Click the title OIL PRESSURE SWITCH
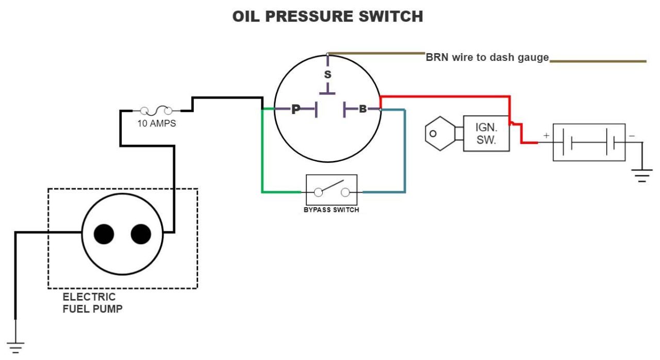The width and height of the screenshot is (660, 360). click(x=327, y=16)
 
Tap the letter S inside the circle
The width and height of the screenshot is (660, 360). click(x=327, y=75)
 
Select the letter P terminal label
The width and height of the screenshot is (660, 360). click(x=296, y=109)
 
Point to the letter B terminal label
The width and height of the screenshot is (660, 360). click(x=362, y=109)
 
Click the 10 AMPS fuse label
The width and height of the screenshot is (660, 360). click(x=156, y=123)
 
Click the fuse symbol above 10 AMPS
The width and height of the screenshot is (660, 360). click(x=156, y=111)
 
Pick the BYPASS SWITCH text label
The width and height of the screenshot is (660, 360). click(x=332, y=210)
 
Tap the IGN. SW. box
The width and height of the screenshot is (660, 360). click(x=486, y=134)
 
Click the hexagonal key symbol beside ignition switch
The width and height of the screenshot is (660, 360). click(x=440, y=134)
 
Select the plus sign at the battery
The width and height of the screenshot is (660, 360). click(x=546, y=136)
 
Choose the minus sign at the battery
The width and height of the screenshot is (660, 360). click(x=632, y=136)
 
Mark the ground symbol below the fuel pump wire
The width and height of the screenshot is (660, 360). click(x=15, y=348)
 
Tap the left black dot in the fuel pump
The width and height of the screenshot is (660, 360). click(x=104, y=234)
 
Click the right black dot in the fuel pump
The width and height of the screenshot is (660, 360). click(x=141, y=234)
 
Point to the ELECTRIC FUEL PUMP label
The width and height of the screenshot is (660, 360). click(x=92, y=303)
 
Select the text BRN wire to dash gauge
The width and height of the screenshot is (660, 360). click(x=487, y=57)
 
